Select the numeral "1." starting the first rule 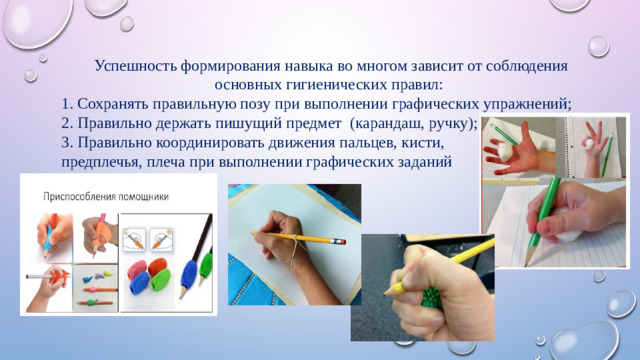coord(67,103)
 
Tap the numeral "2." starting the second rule coord(67,123)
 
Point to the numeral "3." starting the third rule coord(67,142)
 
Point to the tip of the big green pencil coord(537,242)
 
